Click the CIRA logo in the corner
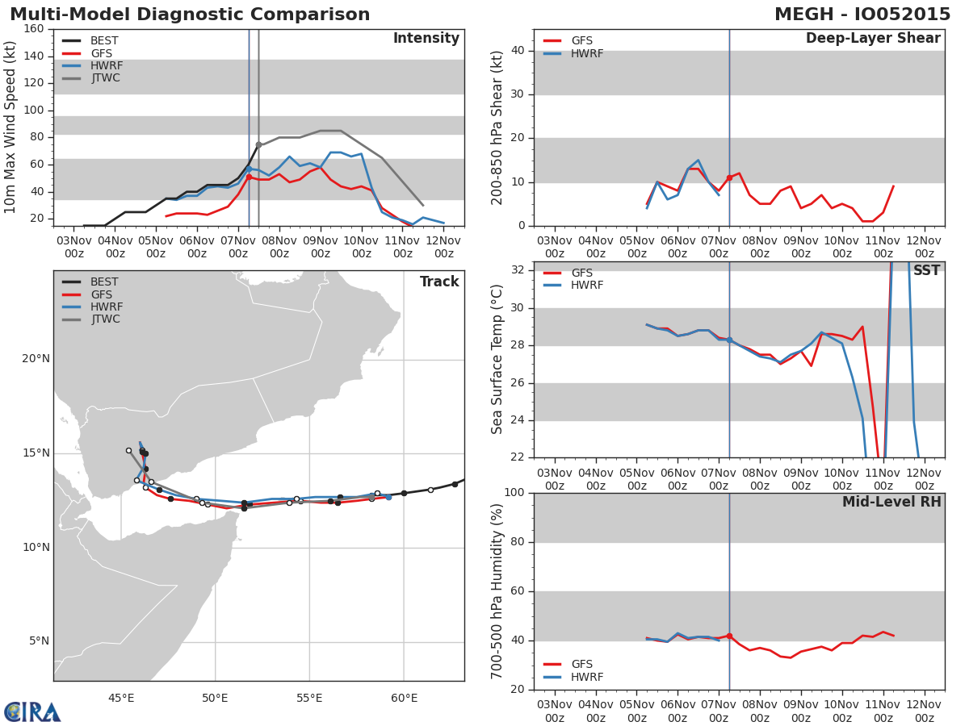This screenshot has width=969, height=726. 32,711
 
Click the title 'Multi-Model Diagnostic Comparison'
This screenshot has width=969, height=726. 190,15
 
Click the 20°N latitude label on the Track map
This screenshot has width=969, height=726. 36,359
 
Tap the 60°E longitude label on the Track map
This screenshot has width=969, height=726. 404,698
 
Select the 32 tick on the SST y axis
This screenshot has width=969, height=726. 517,269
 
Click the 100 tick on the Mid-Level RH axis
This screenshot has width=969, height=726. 514,493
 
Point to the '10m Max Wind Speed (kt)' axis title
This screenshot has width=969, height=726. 10,127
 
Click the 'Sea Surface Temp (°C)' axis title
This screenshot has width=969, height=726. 497,359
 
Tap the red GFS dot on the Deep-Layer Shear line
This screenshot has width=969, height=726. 729,177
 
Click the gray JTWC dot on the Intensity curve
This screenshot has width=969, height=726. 258,144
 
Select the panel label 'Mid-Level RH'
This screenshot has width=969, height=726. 891,503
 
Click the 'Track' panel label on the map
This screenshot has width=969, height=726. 439,282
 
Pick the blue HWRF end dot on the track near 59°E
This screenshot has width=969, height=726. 388,497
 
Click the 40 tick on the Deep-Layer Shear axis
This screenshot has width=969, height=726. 517,51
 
